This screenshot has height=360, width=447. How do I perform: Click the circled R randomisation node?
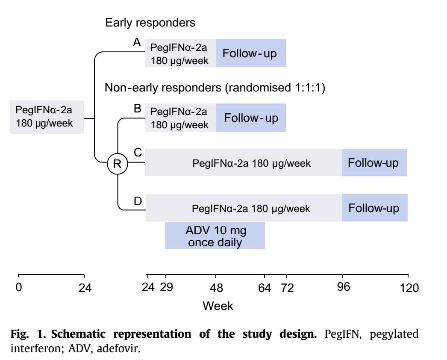point(118,164)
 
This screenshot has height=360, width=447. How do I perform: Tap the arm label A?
point(137,42)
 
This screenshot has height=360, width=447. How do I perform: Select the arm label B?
point(138,109)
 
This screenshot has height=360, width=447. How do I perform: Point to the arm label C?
point(138,152)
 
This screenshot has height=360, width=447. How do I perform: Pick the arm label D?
point(138,201)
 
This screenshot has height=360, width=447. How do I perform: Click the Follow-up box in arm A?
point(251,53)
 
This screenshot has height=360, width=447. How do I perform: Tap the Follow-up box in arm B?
point(251,118)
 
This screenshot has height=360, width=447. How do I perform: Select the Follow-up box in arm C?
point(374,162)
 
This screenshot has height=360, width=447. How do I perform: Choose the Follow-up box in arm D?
point(375,208)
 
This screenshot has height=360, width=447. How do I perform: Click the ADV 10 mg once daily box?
point(215,236)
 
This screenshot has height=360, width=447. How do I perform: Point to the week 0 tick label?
point(19,287)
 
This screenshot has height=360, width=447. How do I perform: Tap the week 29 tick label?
point(167,287)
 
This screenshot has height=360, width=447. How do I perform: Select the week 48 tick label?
point(216,288)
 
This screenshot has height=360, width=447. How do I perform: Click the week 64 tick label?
point(265,288)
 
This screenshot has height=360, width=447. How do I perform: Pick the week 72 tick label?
point(287,288)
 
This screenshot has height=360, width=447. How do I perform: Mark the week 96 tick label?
point(343,287)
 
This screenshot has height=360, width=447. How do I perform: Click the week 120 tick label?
point(409,288)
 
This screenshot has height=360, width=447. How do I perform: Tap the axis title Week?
point(218,306)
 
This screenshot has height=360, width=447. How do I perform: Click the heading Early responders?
point(150,23)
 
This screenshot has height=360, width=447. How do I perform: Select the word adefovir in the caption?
point(119,348)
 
